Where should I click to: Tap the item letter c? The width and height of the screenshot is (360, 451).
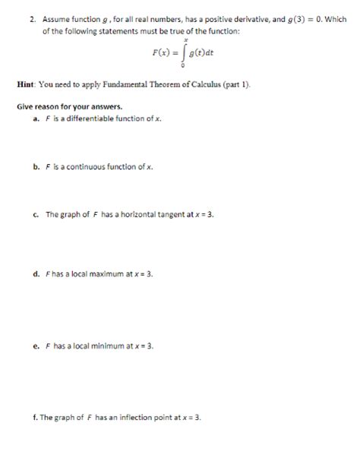point(36,215)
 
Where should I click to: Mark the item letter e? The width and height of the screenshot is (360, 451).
point(36,345)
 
